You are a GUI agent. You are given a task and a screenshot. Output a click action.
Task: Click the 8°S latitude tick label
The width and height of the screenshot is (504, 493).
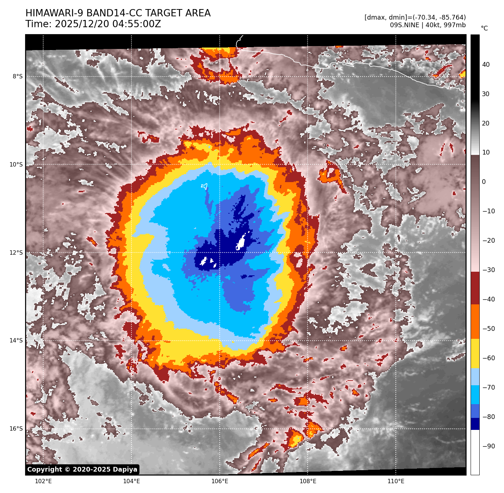click(x=17, y=77)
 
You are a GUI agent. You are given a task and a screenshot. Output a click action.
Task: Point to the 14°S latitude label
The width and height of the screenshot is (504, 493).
click(x=16, y=341)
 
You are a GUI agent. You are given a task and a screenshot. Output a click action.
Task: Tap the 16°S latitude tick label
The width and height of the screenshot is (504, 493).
click(x=16, y=429)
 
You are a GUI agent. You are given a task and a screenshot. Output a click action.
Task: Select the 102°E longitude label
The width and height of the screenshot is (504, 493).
click(x=43, y=481)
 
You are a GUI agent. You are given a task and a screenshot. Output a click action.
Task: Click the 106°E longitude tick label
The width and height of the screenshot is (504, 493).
click(x=220, y=481)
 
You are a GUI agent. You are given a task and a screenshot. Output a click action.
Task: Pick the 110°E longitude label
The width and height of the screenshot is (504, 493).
click(x=396, y=481)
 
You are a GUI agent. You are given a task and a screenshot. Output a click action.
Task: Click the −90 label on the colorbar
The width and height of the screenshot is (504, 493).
click(x=489, y=446)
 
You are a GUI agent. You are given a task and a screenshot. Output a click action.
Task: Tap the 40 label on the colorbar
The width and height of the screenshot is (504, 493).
click(x=486, y=65)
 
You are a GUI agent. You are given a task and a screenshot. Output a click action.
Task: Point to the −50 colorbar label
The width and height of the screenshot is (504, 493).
click(x=489, y=329)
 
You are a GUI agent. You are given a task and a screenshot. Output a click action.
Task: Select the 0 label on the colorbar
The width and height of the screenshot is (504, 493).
click(x=484, y=182)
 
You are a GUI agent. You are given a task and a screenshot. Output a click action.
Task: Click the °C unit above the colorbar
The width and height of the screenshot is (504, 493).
click(x=484, y=28)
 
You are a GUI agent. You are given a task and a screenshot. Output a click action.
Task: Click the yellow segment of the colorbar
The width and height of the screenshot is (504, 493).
click(x=475, y=354)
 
